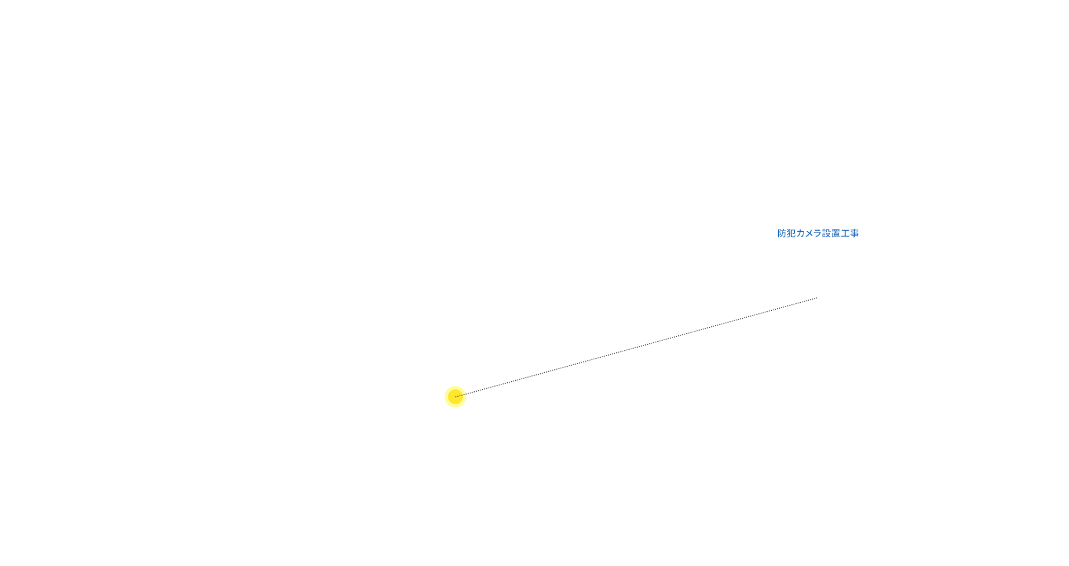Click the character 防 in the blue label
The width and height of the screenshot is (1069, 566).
(x=782, y=233)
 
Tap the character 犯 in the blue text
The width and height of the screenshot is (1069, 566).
(x=791, y=233)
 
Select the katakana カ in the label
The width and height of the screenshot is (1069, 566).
(x=800, y=233)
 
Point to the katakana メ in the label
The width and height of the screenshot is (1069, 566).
(x=809, y=233)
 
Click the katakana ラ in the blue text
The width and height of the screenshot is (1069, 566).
(x=818, y=233)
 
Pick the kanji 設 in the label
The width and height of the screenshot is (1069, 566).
(x=827, y=233)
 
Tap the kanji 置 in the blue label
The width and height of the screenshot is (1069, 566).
(x=836, y=233)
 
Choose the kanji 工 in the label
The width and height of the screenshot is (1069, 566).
(x=845, y=233)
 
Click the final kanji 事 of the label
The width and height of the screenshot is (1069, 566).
(x=854, y=233)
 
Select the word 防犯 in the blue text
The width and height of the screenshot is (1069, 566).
(x=787, y=233)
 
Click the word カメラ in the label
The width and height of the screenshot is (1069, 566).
(x=809, y=233)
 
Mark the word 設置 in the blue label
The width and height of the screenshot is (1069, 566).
(x=832, y=233)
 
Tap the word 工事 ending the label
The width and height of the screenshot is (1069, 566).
(x=850, y=233)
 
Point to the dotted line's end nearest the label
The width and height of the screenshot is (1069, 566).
(x=817, y=298)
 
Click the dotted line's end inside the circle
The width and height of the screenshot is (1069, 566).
(x=455, y=397)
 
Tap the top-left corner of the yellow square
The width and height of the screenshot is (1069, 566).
(x=445, y=386)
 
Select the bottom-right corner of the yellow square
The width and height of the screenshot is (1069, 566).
(x=467, y=407)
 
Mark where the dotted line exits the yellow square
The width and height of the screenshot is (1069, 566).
(x=467, y=394)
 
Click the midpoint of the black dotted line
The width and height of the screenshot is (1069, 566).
(x=636, y=348)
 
